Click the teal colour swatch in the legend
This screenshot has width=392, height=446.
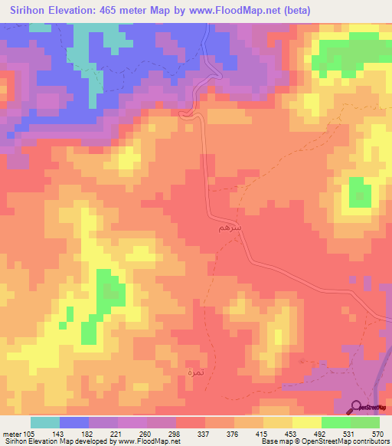click(x=45, y=422)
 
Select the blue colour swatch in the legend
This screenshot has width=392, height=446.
click(x=74, y=422)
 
